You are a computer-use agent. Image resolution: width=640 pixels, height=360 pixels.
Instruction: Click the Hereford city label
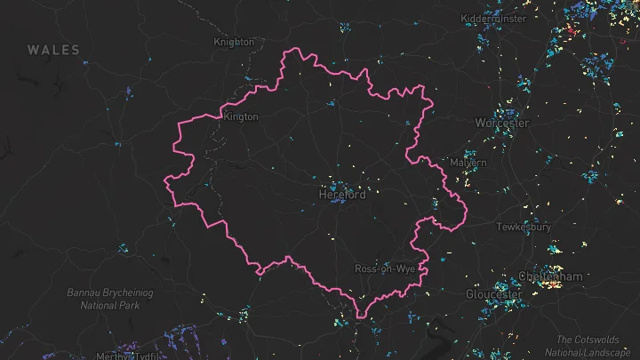tap(342, 195)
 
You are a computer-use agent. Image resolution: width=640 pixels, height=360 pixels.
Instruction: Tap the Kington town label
tap(241, 116)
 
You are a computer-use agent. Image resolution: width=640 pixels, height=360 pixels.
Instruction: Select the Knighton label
tap(235, 42)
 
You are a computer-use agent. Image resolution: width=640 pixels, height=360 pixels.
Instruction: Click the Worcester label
tap(502, 123)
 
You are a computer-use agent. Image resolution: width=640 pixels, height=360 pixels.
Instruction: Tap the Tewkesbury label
tap(503, 227)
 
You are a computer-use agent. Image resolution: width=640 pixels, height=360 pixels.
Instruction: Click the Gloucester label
tap(494, 294)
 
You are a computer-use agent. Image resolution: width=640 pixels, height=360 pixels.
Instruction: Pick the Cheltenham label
tap(553, 277)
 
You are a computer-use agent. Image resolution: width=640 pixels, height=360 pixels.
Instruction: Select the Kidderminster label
tap(495, 19)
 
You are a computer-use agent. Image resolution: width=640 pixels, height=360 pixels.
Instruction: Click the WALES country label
tap(53, 51)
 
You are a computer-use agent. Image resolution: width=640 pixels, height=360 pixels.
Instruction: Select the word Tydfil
tap(149, 356)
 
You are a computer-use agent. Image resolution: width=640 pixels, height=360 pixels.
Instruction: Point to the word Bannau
tap(84, 292)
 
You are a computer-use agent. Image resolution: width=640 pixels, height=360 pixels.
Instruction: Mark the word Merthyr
tap(115, 356)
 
